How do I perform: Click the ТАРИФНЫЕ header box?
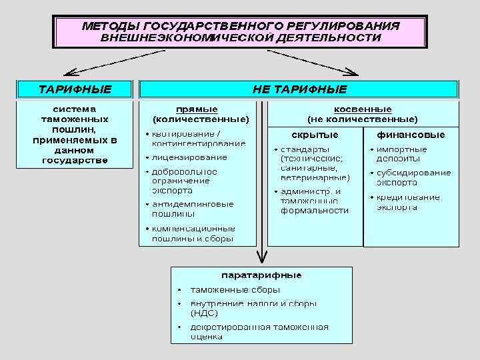75,89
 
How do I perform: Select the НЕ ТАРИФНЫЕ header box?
299,89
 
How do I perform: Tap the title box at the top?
241,32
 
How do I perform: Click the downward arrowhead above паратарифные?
263,259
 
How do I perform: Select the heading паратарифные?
261,275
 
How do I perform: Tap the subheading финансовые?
411,135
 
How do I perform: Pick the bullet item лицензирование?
189,157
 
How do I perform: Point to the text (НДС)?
204,312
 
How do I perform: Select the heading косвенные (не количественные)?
362,114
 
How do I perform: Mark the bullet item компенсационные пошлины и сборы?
193,233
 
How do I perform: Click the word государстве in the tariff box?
75,160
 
